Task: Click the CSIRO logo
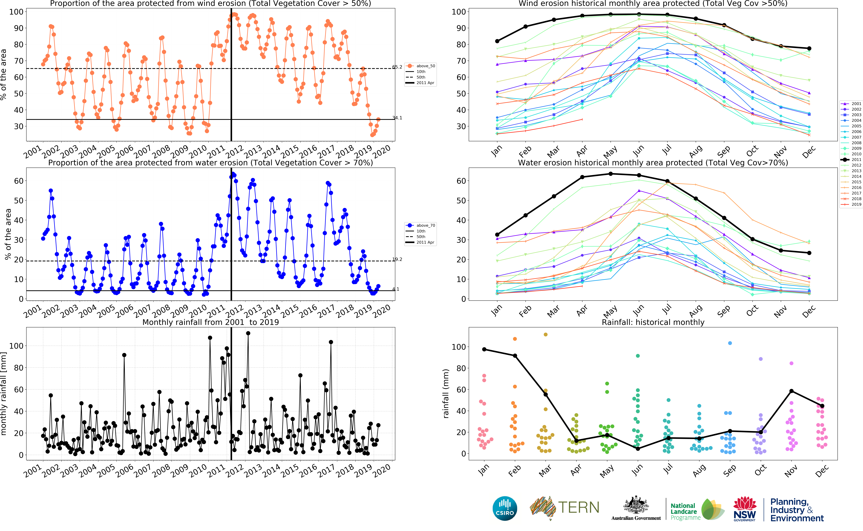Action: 505,508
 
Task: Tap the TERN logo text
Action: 579,507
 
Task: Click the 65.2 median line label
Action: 397,67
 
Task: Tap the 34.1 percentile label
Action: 397,118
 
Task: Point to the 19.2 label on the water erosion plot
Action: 397,259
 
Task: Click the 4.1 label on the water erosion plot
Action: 396,289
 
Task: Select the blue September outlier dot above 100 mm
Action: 730,343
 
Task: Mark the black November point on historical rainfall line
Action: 791,391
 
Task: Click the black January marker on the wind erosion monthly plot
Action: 497,41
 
